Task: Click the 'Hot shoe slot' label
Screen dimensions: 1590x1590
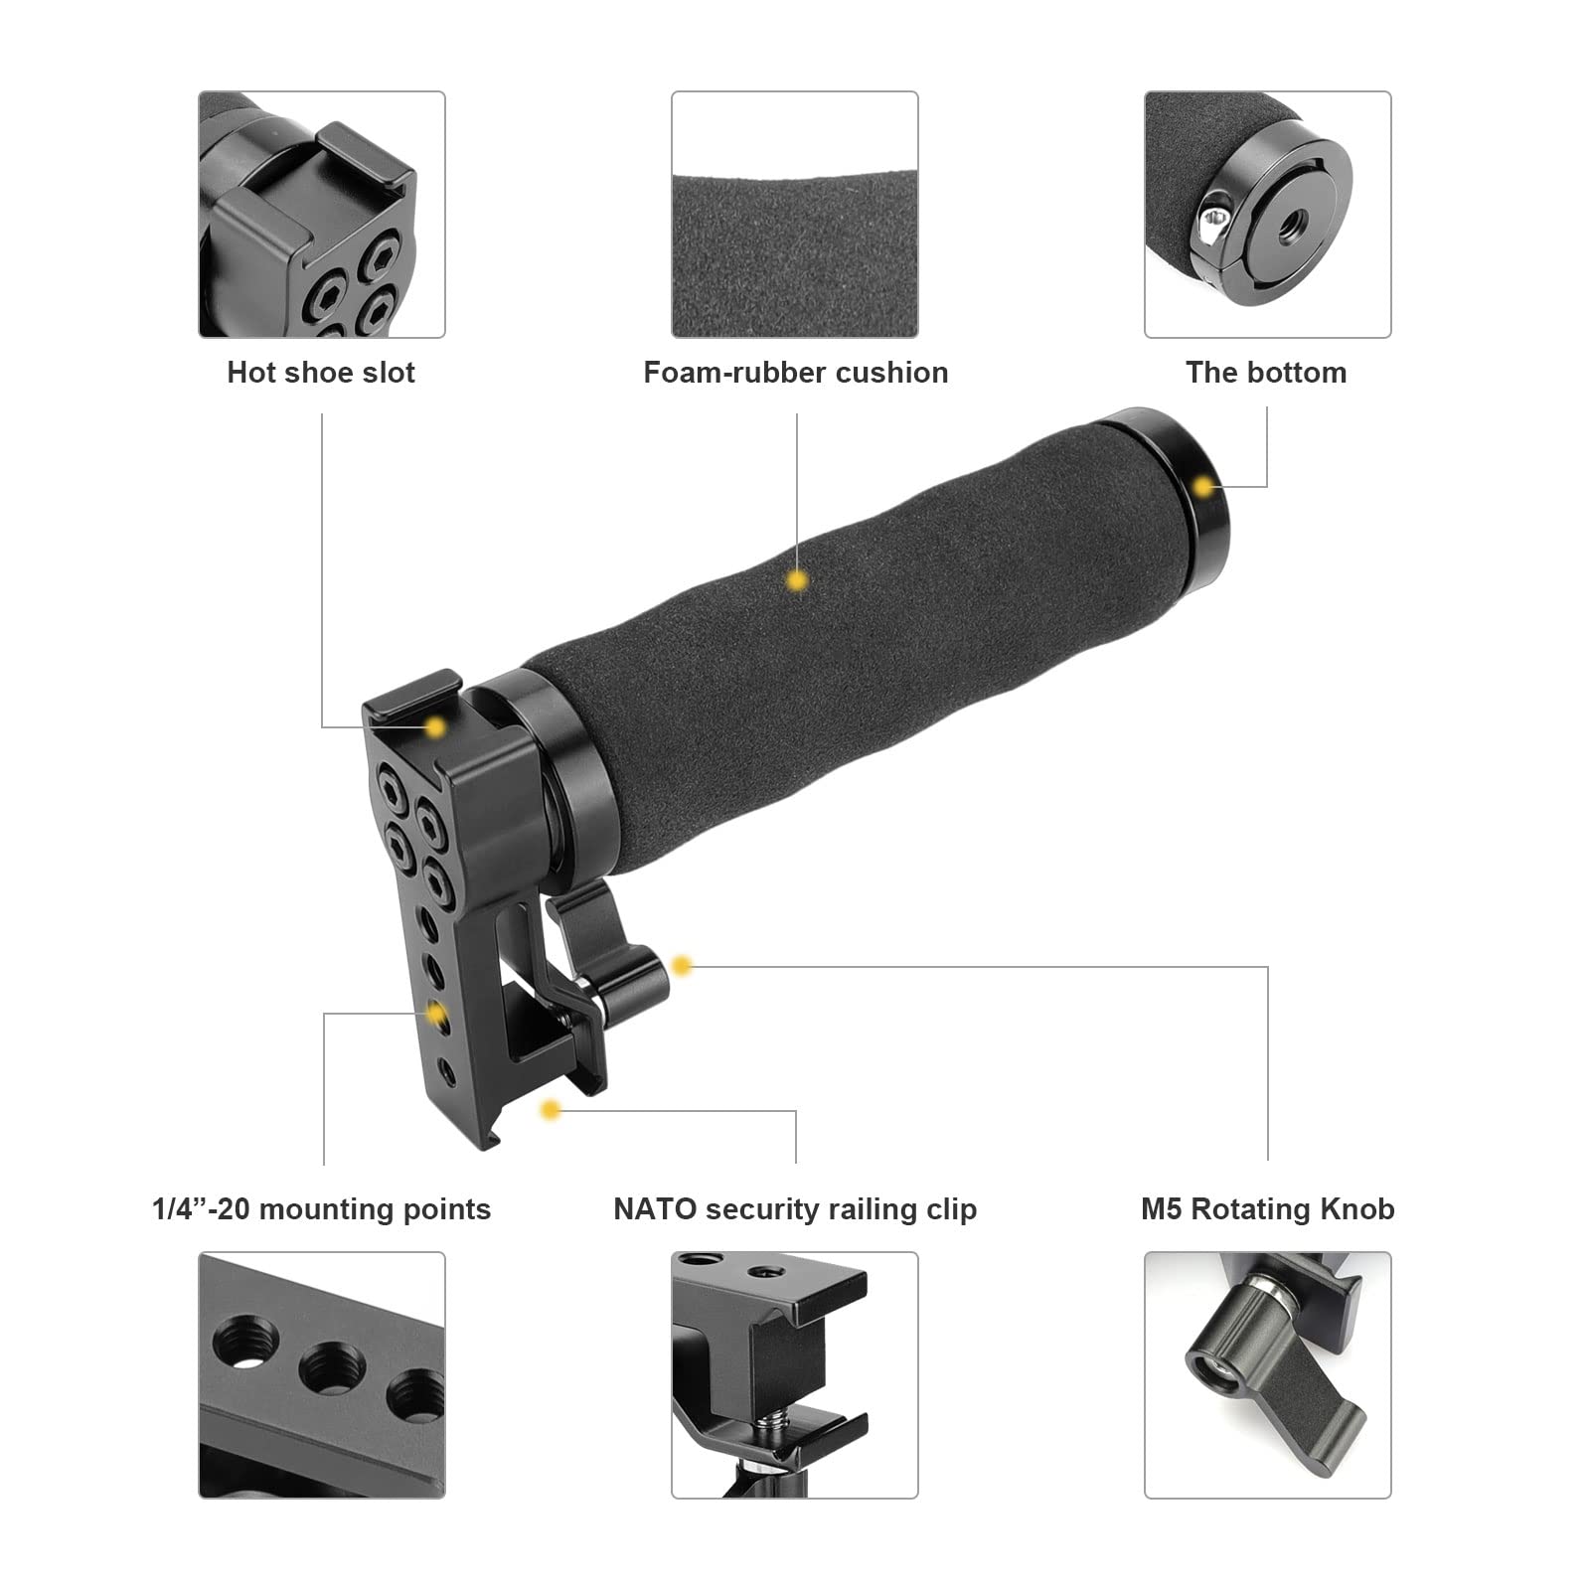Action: [x=320, y=373]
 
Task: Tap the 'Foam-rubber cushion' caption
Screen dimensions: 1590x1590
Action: [x=795, y=373]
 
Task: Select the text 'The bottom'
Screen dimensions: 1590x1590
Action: [x=1266, y=373]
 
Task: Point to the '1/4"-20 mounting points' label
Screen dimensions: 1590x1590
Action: [x=321, y=1209]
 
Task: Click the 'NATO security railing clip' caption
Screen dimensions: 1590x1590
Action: [x=795, y=1209]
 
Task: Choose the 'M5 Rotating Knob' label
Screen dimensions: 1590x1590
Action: [x=1267, y=1209]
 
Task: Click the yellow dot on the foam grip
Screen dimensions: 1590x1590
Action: [x=796, y=581]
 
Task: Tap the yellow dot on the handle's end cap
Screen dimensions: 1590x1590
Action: [x=1204, y=487]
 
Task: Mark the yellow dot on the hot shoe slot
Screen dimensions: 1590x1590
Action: [x=434, y=727]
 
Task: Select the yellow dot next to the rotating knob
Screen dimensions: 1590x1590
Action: [x=681, y=965]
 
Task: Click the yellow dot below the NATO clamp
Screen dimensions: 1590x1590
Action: [x=551, y=1109]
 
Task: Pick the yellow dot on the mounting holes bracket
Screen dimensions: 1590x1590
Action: [x=435, y=1014]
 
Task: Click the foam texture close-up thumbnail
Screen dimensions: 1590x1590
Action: [x=795, y=215]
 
